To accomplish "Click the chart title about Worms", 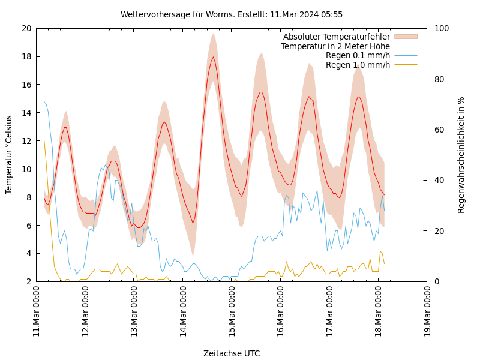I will click(x=232, y=14).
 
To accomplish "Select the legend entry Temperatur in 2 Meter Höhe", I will click(x=335, y=46).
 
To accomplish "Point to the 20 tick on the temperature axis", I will click(x=26, y=28).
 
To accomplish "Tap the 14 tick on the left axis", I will click(x=26, y=113).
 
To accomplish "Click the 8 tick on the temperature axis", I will click(x=28, y=197).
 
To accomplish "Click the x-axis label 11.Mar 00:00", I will click(x=36, y=312).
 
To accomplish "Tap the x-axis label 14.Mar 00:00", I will click(x=183, y=312).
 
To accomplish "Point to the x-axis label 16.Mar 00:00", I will click(x=281, y=312).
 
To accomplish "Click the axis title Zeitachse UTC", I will click(x=232, y=353).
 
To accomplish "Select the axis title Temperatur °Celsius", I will click(x=9, y=155).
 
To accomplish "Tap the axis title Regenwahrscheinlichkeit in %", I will click(x=461, y=155).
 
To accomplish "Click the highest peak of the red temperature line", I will click(x=213, y=57).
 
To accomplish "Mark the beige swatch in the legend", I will click(x=406, y=37).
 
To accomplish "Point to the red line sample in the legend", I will click(x=406, y=46).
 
